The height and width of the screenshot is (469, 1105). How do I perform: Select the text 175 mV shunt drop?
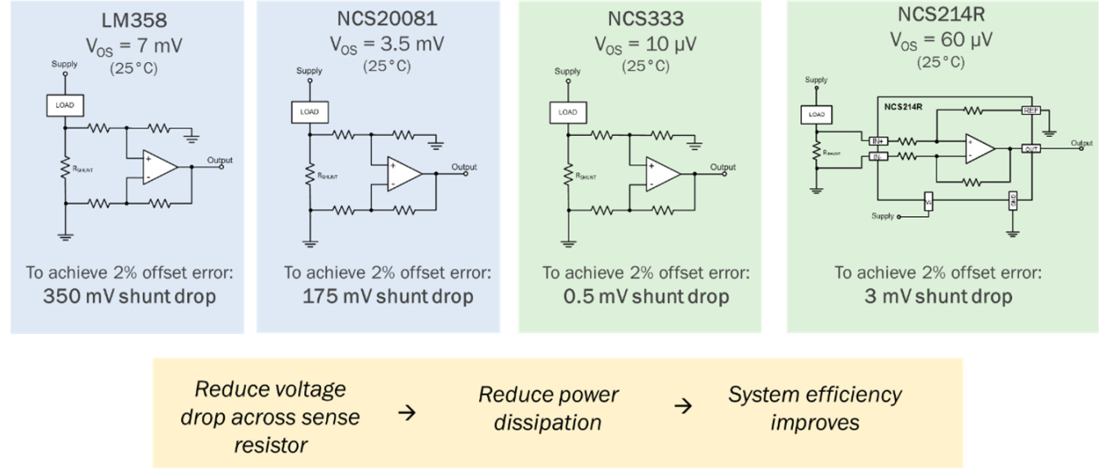click(378, 295)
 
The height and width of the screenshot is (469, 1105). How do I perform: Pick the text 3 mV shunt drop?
click(937, 295)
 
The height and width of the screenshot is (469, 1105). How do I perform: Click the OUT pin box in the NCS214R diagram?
click(1031, 148)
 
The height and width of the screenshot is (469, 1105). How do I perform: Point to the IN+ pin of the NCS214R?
click(878, 141)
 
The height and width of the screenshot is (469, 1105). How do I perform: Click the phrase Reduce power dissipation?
click(548, 408)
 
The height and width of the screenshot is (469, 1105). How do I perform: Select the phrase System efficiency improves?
click(815, 408)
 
